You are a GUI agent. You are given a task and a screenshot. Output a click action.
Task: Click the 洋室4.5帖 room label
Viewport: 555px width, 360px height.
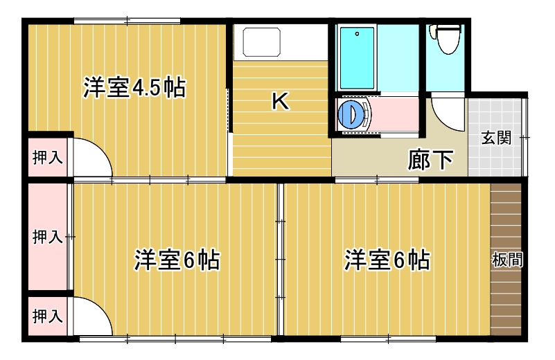click(134, 87)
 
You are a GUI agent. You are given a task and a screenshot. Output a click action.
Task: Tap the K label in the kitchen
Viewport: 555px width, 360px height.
click(281, 101)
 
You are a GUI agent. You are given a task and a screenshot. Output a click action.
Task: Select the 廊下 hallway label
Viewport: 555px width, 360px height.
click(430, 160)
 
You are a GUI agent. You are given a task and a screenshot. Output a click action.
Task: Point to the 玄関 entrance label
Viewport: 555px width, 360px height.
click(496, 138)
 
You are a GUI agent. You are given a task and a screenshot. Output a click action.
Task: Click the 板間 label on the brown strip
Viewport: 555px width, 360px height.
click(507, 260)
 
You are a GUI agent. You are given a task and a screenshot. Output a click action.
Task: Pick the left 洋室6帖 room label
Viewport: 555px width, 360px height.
click(177, 260)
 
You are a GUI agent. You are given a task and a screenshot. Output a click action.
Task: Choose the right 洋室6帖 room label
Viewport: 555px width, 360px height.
click(387, 260)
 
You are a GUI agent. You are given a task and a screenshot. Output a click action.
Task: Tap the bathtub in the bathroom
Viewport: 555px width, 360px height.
click(357, 58)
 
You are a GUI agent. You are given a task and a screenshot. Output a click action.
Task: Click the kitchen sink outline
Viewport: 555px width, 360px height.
click(262, 42)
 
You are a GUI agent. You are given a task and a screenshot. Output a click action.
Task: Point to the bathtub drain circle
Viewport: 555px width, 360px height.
click(357, 34)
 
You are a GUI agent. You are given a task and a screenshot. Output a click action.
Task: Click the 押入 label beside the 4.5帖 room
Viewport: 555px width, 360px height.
click(47, 157)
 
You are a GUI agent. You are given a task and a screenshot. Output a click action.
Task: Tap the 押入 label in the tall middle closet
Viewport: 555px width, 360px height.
click(47, 236)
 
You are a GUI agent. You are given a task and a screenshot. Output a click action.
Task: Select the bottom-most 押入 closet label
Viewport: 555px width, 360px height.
click(47, 316)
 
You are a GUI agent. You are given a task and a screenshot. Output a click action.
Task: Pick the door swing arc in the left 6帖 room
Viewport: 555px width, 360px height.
click(101, 308)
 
